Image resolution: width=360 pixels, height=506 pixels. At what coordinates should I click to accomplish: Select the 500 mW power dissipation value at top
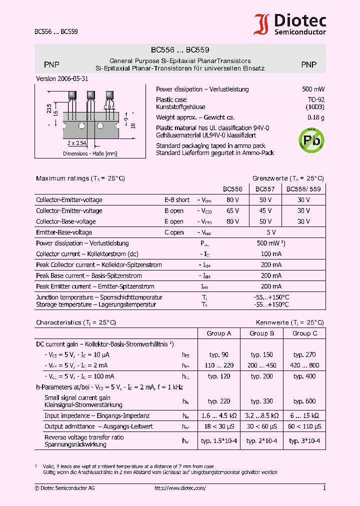313,89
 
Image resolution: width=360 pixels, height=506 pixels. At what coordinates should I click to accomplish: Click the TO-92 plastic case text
315,99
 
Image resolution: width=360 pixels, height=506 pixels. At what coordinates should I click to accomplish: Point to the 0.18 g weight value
315,117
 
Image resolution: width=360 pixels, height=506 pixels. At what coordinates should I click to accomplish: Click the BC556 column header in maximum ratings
232,189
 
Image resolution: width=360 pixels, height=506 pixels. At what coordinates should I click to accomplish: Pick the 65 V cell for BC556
232,211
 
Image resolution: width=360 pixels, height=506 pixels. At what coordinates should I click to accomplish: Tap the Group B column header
262,333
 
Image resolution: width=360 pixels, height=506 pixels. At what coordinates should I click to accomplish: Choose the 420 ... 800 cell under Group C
304,365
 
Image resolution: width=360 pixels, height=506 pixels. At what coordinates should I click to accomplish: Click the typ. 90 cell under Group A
218,354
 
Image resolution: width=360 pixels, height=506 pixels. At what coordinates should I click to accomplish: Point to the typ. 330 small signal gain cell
262,401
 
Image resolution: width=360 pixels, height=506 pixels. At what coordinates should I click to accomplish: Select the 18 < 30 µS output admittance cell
218,426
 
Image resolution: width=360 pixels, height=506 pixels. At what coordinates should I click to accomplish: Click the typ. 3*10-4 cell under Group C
304,440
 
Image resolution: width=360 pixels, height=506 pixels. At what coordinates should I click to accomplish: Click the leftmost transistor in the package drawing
72,95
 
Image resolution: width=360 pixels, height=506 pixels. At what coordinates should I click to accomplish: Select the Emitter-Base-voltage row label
64,232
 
